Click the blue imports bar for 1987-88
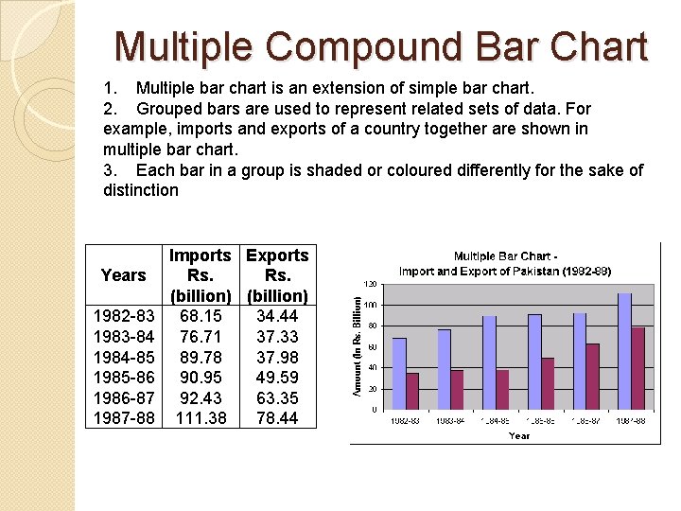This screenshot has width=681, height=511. (624, 351)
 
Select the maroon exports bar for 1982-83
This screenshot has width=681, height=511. (412, 391)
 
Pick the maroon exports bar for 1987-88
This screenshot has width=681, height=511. (637, 368)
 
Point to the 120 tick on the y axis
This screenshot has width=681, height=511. (372, 284)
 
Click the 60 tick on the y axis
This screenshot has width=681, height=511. (374, 346)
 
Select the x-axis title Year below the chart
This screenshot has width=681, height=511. (518, 435)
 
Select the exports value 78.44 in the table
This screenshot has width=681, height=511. (277, 416)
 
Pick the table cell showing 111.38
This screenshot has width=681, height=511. (201, 416)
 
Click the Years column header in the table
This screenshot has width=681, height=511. (123, 275)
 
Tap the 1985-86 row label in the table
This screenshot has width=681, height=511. (123, 376)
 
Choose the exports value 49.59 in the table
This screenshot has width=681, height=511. (277, 376)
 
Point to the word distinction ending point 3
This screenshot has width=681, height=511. (140, 190)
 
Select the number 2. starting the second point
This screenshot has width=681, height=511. (112, 108)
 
